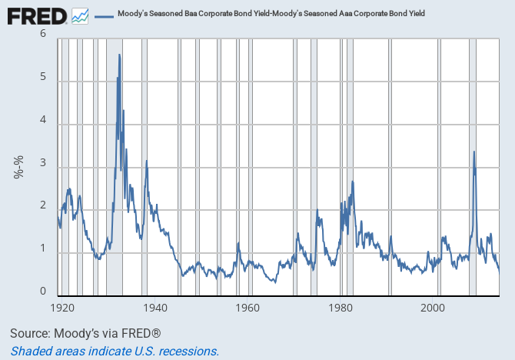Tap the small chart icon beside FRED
[80, 15]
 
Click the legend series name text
[281, 14]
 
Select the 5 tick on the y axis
[43, 78]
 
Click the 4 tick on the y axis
[43, 121]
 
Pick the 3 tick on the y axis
[43, 164]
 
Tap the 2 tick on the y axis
[43, 207]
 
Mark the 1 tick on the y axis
[43, 250]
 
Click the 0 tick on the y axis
[43, 292]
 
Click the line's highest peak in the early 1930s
[119, 55]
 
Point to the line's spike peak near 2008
[473, 152]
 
